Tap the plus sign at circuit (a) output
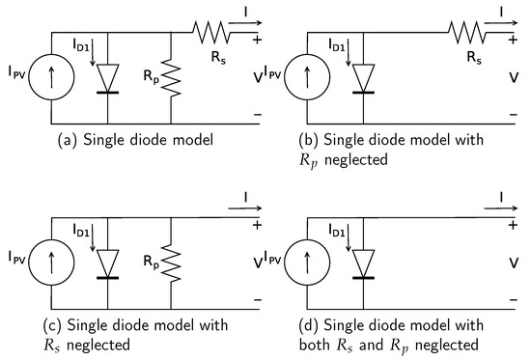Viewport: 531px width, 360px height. [256, 42]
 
